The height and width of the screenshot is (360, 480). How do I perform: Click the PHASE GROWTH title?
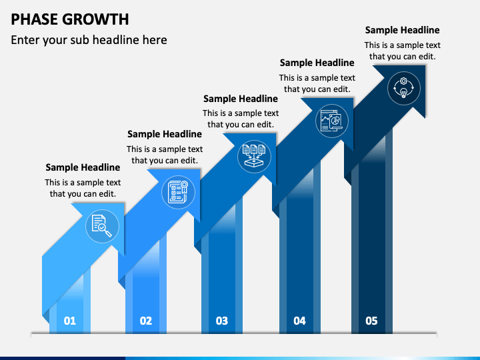[x=70, y=19]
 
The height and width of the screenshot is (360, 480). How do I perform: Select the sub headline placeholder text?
[x=89, y=40]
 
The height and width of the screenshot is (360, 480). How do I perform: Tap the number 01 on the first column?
[x=70, y=321]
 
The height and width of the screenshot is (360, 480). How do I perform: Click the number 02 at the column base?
[x=146, y=321]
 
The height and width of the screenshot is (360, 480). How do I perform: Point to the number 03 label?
[x=221, y=321]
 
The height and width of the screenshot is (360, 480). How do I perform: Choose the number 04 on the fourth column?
[x=299, y=321]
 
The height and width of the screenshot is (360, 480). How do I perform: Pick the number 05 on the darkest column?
[x=371, y=321]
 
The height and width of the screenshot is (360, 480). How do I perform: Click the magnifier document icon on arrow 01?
[x=102, y=226]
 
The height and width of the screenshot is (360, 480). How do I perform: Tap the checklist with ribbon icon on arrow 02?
[x=178, y=192]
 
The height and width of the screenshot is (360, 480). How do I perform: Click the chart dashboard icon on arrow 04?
[x=332, y=121]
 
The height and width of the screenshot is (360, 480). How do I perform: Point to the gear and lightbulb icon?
[x=404, y=88]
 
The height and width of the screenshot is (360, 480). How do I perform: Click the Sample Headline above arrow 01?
[x=83, y=167]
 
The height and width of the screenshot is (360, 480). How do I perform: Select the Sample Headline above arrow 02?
[x=165, y=134]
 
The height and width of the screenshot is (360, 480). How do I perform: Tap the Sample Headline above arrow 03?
[x=240, y=99]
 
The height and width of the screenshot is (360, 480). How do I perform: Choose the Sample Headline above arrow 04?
[x=317, y=63]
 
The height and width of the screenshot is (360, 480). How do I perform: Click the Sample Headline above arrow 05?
[x=402, y=30]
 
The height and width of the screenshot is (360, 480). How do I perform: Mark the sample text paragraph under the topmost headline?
[x=402, y=51]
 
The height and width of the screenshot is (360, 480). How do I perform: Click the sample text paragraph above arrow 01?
[x=83, y=188]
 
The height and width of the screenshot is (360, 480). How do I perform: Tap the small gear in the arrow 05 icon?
[x=404, y=81]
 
